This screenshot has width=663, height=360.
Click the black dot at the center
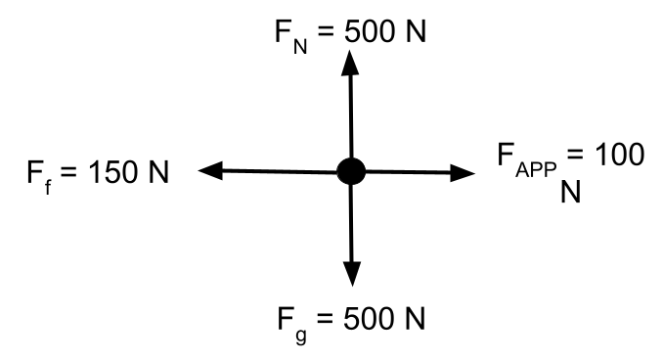pyautogui.click(x=351, y=171)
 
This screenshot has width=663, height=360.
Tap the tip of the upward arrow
pyautogui.click(x=350, y=50)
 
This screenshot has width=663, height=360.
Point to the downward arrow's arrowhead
pyautogui.click(x=352, y=274)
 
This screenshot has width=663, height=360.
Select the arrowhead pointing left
pyautogui.click(x=210, y=170)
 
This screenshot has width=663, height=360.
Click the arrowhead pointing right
pyautogui.click(x=463, y=173)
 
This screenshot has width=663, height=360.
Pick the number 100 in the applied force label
pyautogui.click(x=620, y=154)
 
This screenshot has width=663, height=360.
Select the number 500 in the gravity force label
pyautogui.click(x=369, y=318)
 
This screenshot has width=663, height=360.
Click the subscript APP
pyautogui.click(x=536, y=170)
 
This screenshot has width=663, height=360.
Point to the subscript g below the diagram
pyautogui.click(x=300, y=335)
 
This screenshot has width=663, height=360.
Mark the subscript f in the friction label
pyautogui.click(x=48, y=188)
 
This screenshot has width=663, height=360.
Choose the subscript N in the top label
pyautogui.click(x=300, y=47)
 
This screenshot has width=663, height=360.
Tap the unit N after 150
pyautogui.click(x=159, y=172)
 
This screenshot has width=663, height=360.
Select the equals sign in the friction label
pyautogui.click(x=68, y=172)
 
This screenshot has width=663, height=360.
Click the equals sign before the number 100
pyautogui.click(x=575, y=154)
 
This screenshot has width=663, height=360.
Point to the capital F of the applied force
pyautogui.click(x=506, y=154)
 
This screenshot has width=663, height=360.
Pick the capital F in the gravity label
pyautogui.click(x=286, y=318)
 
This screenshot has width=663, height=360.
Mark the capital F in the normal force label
pyautogui.click(x=283, y=31)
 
